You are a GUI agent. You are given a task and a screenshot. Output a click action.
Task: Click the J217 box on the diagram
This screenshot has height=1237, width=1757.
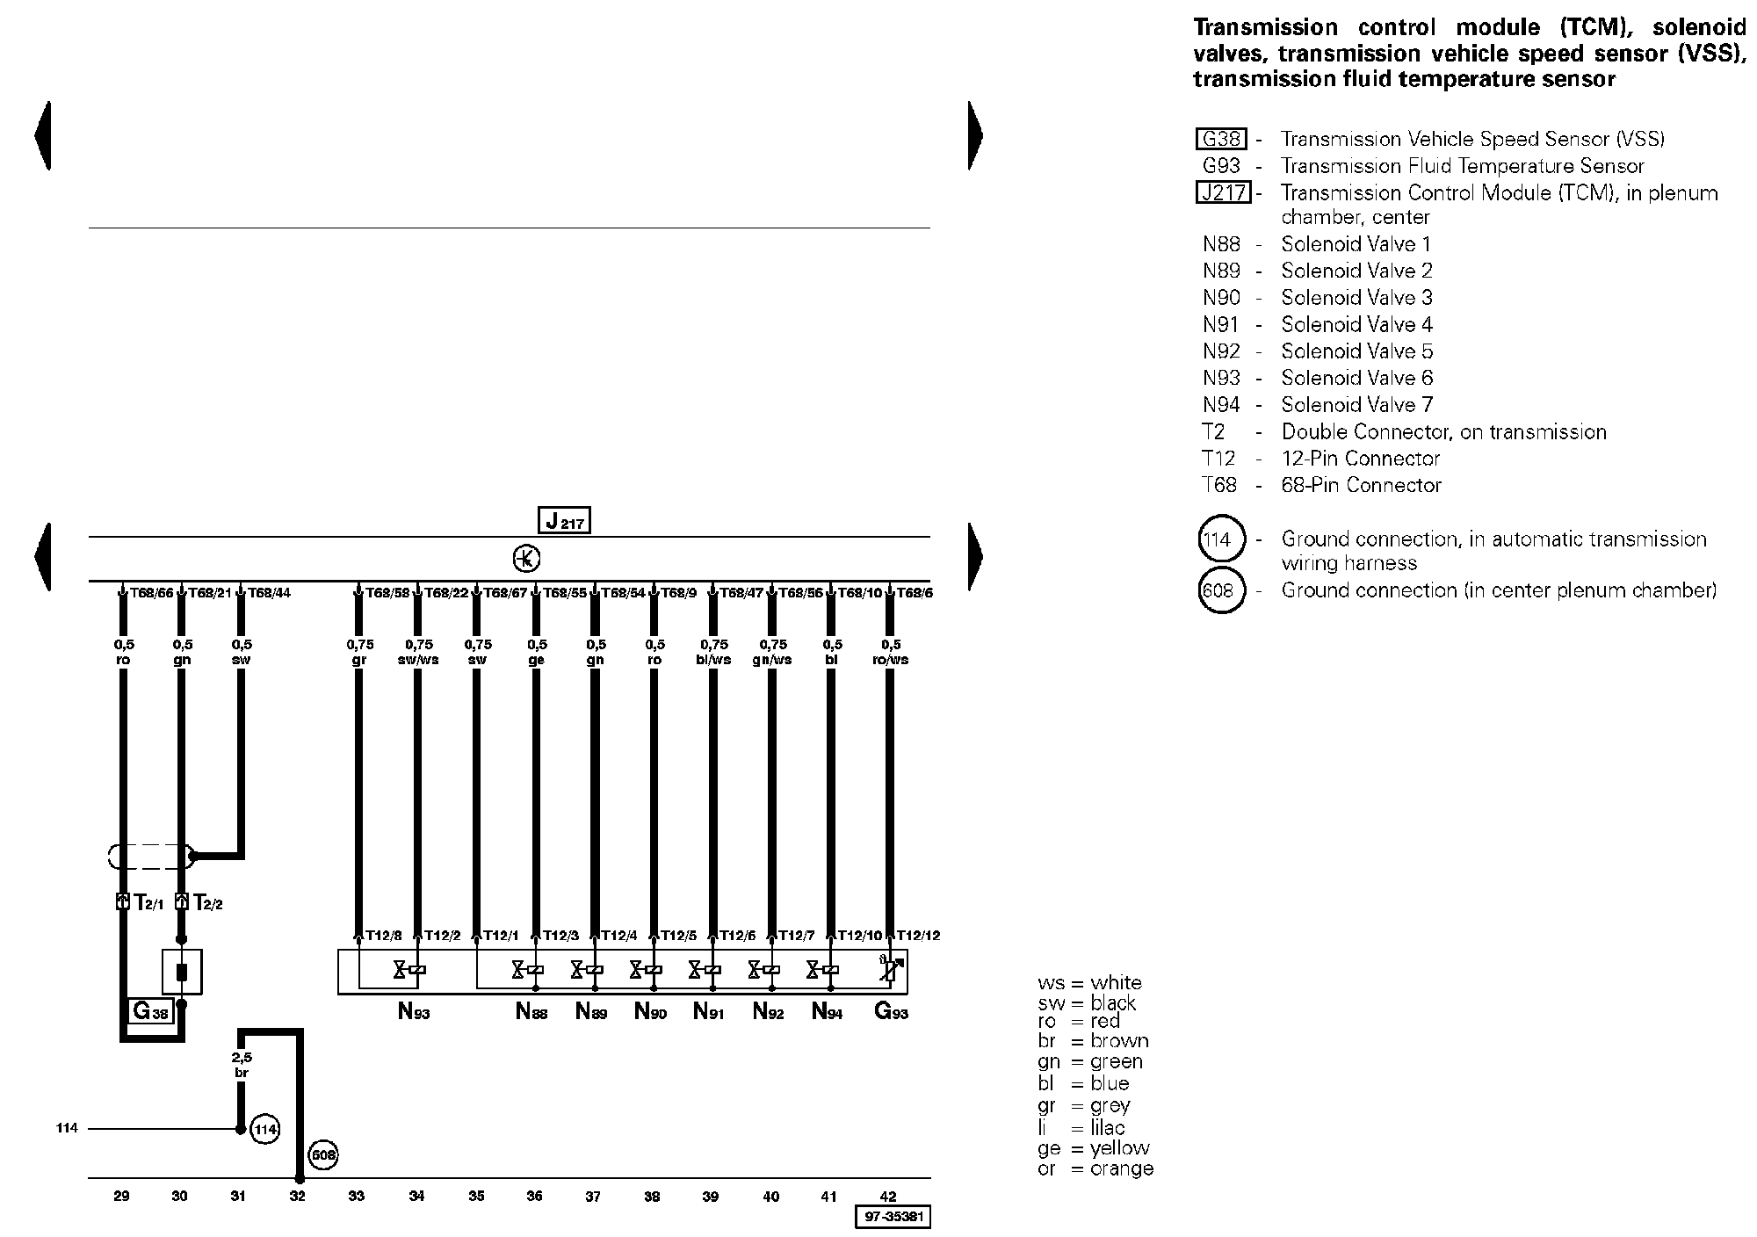point(563,520)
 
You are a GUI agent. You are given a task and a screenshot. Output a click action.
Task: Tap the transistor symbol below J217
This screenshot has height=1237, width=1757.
point(526,559)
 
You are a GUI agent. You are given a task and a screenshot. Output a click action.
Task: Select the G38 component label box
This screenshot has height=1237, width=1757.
point(150,1011)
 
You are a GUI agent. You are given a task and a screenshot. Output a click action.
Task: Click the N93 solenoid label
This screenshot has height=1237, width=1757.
point(414,1012)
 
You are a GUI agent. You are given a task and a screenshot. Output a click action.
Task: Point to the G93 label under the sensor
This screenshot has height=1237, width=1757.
point(891,1012)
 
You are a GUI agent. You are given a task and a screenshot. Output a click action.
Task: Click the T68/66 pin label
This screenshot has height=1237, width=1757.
point(152,593)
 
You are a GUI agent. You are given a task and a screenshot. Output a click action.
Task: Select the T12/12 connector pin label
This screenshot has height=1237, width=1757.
point(918,936)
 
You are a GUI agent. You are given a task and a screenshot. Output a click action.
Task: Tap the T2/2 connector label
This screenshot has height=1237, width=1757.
point(207,902)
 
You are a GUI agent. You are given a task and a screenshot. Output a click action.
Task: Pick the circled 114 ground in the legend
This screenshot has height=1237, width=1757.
point(1221,539)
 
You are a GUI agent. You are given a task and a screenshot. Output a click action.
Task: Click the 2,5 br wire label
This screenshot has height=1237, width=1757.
point(242,1066)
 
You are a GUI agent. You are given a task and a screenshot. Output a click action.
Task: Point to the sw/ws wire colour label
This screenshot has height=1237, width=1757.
point(418,660)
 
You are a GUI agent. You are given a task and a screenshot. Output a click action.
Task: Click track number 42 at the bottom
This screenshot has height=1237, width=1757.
point(888,1196)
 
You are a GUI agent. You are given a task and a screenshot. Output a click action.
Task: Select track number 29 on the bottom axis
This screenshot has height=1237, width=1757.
point(122,1196)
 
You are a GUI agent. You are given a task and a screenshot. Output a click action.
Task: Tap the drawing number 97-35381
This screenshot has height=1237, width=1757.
point(893,1218)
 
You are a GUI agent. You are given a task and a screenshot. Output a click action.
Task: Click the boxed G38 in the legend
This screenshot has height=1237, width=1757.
point(1221,139)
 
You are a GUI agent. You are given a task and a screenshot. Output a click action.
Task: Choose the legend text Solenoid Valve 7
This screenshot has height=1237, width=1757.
point(1356,405)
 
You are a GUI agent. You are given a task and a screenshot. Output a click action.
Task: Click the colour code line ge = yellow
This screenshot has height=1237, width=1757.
point(1094,1148)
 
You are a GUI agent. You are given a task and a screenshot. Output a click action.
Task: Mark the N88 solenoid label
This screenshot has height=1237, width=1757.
point(531,1012)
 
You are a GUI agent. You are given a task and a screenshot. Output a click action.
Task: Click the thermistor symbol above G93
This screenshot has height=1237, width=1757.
point(891,970)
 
